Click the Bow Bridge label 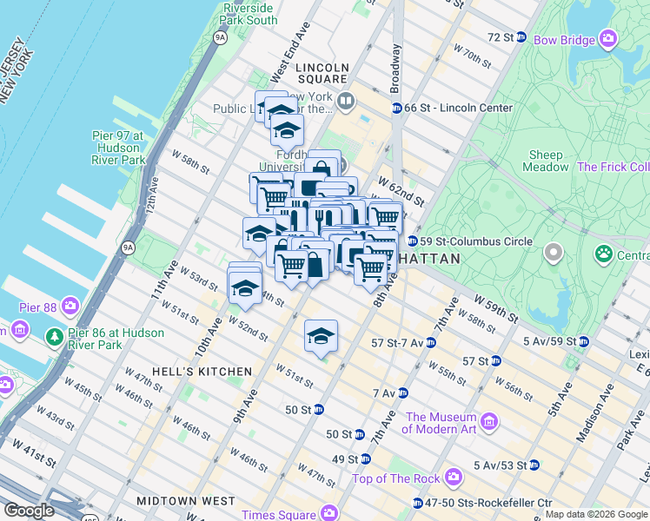(564, 40)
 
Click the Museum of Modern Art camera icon (489, 422)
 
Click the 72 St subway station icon (521, 37)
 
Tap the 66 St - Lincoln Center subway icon (396, 108)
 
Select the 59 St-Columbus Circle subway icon (413, 241)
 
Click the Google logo (30, 511)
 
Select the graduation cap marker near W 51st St (321, 337)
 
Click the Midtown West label (185, 501)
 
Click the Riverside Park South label (249, 14)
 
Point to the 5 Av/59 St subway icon (584, 341)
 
